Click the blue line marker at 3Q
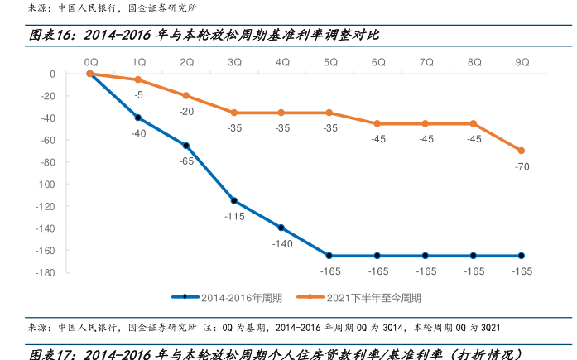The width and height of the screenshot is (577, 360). point(234,200)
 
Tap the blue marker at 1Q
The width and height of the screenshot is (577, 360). point(138,118)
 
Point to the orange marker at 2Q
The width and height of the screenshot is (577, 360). point(186,96)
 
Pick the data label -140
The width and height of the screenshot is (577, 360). point(282,243)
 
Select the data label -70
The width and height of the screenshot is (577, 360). point(522,166)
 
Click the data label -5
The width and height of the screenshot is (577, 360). point(139,94)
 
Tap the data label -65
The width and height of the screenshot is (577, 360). point(186,161)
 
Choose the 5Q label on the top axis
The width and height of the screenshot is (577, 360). point(330,61)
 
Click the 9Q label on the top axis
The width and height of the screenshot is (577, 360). point(522,61)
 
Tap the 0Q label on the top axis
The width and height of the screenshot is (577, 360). point(90,61)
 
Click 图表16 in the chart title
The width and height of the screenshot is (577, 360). point(54,36)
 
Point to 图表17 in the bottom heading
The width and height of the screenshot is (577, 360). point(54,353)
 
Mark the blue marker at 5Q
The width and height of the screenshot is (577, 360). point(330,256)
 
